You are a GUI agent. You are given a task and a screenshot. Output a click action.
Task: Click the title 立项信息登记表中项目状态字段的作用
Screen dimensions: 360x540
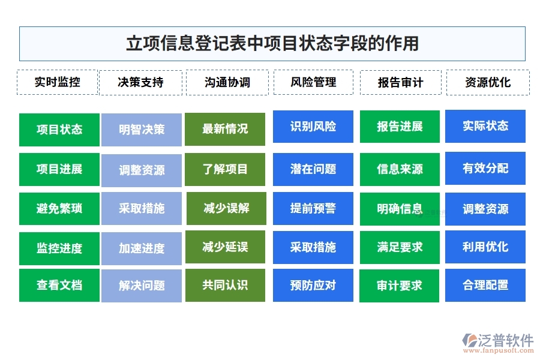pyautogui.click(x=272, y=44)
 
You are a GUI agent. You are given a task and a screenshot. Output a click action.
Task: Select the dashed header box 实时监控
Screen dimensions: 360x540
pyautogui.click(x=57, y=82)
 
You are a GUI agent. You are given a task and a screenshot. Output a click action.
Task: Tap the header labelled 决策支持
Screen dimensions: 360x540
pyautogui.click(x=140, y=83)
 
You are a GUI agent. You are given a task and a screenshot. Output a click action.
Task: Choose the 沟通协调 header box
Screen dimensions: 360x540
pyautogui.click(x=227, y=83)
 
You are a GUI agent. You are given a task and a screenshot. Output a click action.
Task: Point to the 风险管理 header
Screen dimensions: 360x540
pyautogui.click(x=313, y=82)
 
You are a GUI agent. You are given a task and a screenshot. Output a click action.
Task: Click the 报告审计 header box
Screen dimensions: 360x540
pyautogui.click(x=400, y=83)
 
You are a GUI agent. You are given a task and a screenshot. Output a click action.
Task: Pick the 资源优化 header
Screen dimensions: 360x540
pyautogui.click(x=487, y=83)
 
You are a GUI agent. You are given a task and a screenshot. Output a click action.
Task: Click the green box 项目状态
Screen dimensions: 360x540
pyautogui.click(x=59, y=130)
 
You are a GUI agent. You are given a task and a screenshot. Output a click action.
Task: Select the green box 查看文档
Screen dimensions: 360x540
pyautogui.click(x=59, y=285)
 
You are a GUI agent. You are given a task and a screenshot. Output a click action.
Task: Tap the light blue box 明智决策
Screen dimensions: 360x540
pyautogui.click(x=142, y=130)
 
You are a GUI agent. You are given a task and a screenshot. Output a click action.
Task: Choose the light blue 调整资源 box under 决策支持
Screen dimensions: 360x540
pyautogui.click(x=142, y=170)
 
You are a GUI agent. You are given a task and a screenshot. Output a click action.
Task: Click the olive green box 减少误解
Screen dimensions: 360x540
pyautogui.click(x=226, y=209)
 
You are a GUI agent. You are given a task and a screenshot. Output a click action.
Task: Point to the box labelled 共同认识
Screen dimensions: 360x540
pyautogui.click(x=225, y=285)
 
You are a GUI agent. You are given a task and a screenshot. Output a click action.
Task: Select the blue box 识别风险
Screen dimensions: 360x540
pyautogui.click(x=313, y=127)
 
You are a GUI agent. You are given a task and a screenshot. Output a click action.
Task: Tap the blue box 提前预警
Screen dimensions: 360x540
pyautogui.click(x=313, y=209)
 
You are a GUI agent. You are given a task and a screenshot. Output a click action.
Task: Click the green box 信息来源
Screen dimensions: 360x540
pyautogui.click(x=400, y=169)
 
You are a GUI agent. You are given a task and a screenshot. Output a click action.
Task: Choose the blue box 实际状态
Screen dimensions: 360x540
pyautogui.click(x=485, y=126)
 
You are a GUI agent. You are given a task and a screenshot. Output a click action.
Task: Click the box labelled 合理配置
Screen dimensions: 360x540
pyautogui.click(x=485, y=285)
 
